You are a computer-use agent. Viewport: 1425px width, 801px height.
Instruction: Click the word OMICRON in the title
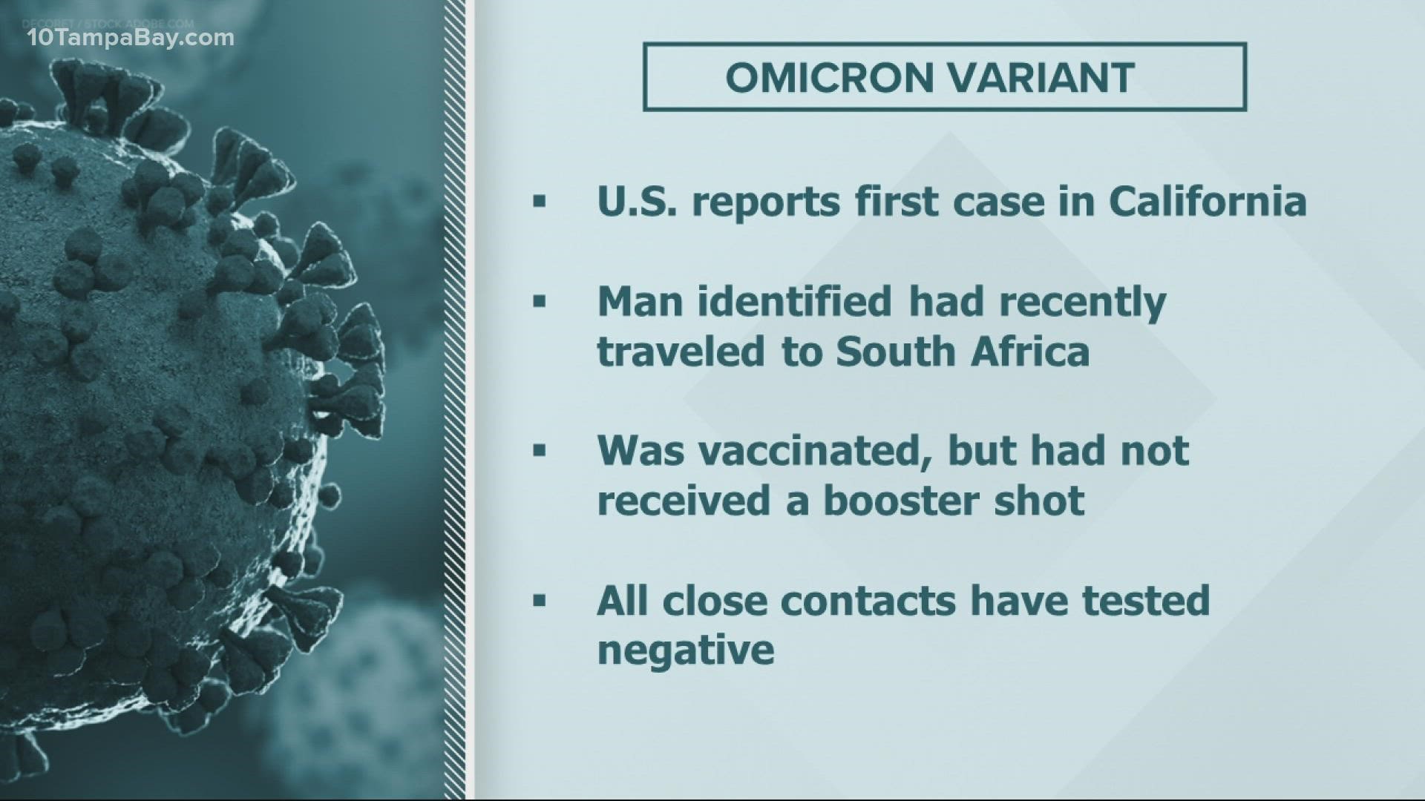point(823,78)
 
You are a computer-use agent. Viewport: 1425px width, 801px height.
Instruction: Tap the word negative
point(686,650)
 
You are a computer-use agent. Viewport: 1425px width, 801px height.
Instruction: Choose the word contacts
point(868,601)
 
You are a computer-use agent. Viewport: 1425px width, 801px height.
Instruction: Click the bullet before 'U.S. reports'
point(539,202)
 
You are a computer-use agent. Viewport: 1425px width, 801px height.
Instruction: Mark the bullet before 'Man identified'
point(539,302)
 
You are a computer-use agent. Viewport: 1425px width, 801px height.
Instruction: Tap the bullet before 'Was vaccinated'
point(539,451)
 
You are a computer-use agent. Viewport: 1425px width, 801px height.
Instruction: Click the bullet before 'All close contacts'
point(539,601)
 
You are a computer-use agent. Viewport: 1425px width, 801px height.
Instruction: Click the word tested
point(1145,601)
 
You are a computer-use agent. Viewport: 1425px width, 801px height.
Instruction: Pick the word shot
point(1055,501)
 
